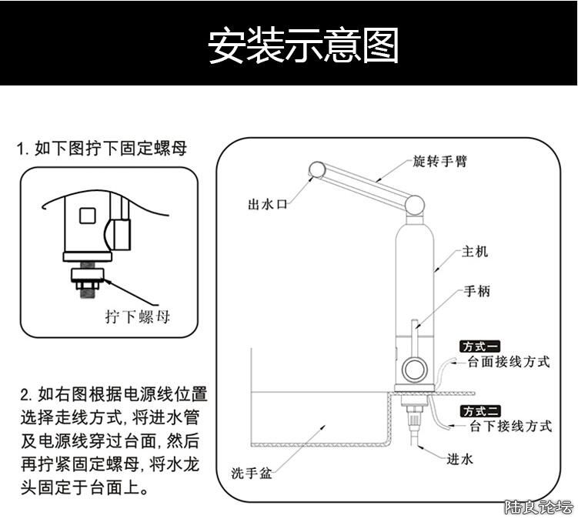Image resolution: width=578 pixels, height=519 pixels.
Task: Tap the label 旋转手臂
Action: click(439, 161)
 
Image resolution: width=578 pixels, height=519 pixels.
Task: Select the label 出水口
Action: click(267, 204)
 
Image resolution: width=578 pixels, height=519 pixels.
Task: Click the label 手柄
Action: click(476, 291)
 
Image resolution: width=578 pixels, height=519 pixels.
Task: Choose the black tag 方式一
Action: click(479, 347)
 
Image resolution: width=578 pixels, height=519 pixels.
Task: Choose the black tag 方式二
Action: click(479, 411)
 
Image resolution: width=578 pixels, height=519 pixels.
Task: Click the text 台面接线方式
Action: click(509, 361)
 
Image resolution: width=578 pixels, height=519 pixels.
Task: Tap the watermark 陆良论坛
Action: click(538, 507)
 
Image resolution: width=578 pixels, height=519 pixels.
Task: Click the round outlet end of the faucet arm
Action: click(316, 169)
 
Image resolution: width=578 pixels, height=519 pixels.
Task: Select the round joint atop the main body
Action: click(414, 204)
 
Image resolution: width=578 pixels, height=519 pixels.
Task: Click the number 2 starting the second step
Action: click(25, 397)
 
